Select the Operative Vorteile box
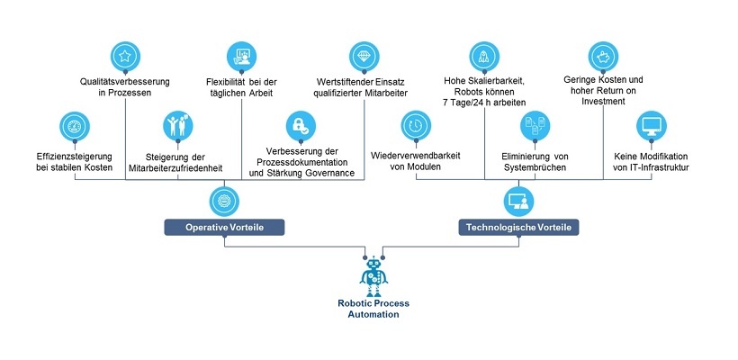coord(224,227)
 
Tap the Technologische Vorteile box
coord(518,227)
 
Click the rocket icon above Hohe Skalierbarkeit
coord(484,57)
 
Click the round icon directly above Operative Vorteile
coord(224,198)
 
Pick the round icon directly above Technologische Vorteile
coord(518,198)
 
